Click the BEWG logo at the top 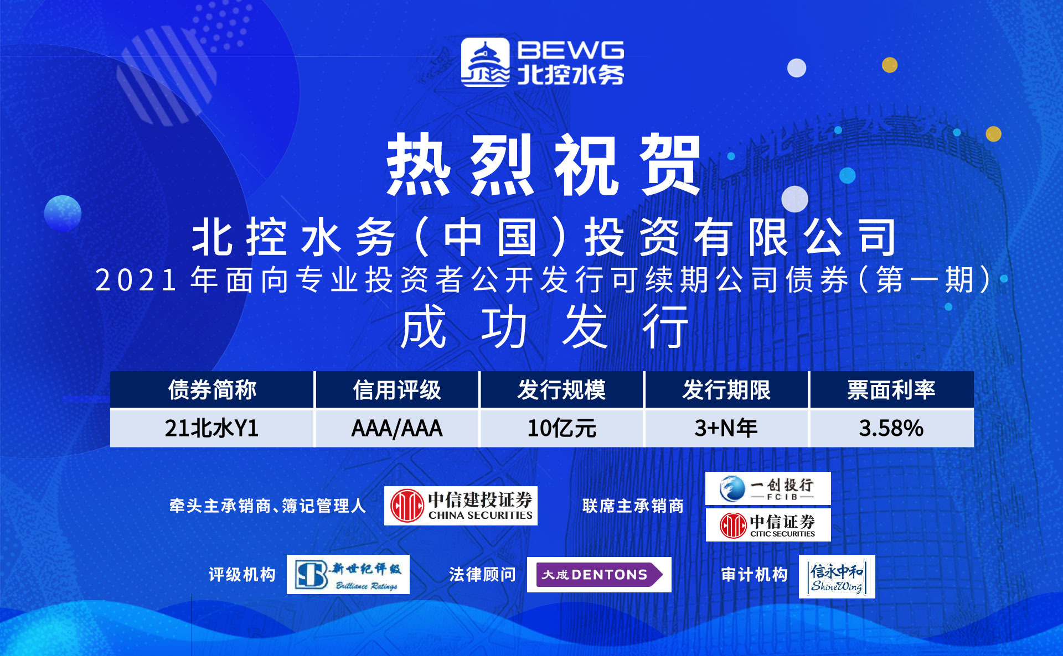(x=543, y=63)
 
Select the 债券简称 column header (x=212, y=390)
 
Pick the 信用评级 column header (x=397, y=390)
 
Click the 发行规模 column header (x=562, y=390)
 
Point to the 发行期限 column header (x=726, y=390)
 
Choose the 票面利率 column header (x=891, y=390)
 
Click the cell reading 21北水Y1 (x=212, y=428)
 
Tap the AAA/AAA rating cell (x=397, y=428)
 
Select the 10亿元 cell (x=562, y=428)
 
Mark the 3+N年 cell (x=726, y=428)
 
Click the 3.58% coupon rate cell (x=891, y=428)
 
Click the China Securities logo (x=461, y=506)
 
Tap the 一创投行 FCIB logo (x=768, y=488)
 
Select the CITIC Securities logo (x=768, y=525)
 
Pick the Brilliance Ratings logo (x=348, y=575)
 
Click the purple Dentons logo (x=599, y=575)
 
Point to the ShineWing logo (x=837, y=576)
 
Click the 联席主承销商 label (x=633, y=506)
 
